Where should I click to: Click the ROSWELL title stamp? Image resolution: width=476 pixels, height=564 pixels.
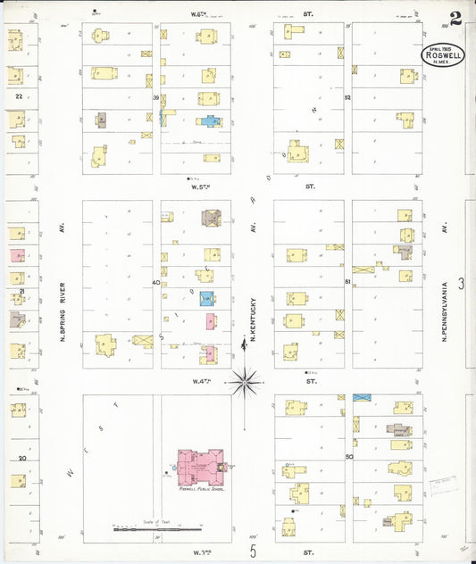[443, 54]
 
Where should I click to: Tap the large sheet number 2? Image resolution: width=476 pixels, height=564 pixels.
[456, 17]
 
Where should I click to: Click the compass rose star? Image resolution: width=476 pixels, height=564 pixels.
[244, 382]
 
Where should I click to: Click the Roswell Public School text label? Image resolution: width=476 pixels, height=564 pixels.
[200, 488]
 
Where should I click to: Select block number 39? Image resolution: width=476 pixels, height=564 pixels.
[155, 97]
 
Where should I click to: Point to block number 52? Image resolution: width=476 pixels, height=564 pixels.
[347, 97]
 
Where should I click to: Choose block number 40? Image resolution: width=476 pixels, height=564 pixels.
[155, 283]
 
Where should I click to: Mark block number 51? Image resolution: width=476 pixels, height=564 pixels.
[347, 283]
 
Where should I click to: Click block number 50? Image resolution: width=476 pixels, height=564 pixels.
[348, 456]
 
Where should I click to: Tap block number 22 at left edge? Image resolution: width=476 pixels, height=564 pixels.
[18, 95]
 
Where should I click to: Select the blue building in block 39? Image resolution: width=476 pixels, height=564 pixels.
[209, 121]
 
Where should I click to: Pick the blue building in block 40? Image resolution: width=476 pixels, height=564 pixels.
[207, 299]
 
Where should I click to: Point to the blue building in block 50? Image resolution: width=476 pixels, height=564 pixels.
[362, 397]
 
